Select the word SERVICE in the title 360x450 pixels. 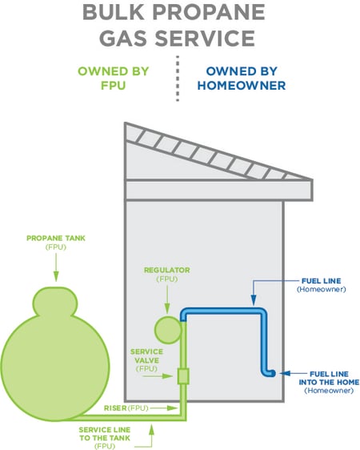205,38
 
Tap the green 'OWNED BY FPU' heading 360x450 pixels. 114,78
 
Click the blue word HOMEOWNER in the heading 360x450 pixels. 242,86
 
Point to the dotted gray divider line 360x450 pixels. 178,78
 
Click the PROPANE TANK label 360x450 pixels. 56,243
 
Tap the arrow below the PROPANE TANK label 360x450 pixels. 56,267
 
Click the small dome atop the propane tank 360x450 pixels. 56,301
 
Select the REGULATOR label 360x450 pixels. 167,274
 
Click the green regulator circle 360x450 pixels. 168,330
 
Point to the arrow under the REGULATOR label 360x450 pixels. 167,299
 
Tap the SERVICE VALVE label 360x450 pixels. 146,360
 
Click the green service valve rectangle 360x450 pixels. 183,376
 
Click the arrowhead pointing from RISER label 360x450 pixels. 173,408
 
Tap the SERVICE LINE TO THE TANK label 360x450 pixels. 105,438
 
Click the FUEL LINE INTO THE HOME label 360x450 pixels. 329,382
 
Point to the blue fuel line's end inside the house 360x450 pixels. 272,373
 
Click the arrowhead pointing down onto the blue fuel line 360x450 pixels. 254,300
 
